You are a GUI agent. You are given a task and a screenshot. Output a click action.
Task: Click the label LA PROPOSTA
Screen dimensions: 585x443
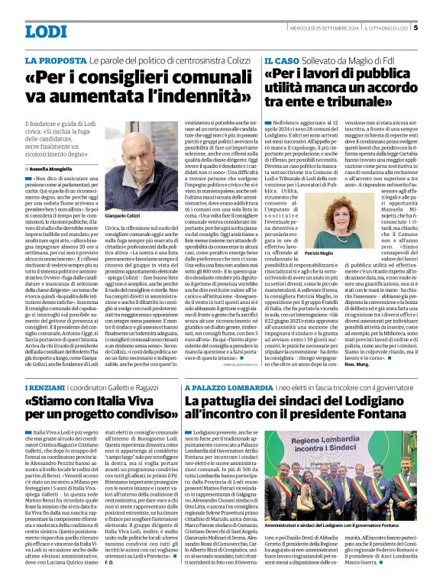click(x=55, y=59)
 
